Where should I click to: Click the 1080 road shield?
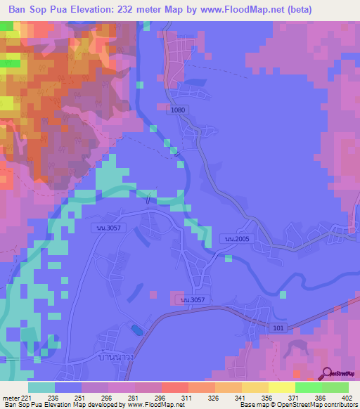177,110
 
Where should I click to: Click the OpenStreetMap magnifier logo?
328,373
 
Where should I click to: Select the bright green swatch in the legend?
309,387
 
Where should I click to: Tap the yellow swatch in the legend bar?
282,387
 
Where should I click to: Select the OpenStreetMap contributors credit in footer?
313,405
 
